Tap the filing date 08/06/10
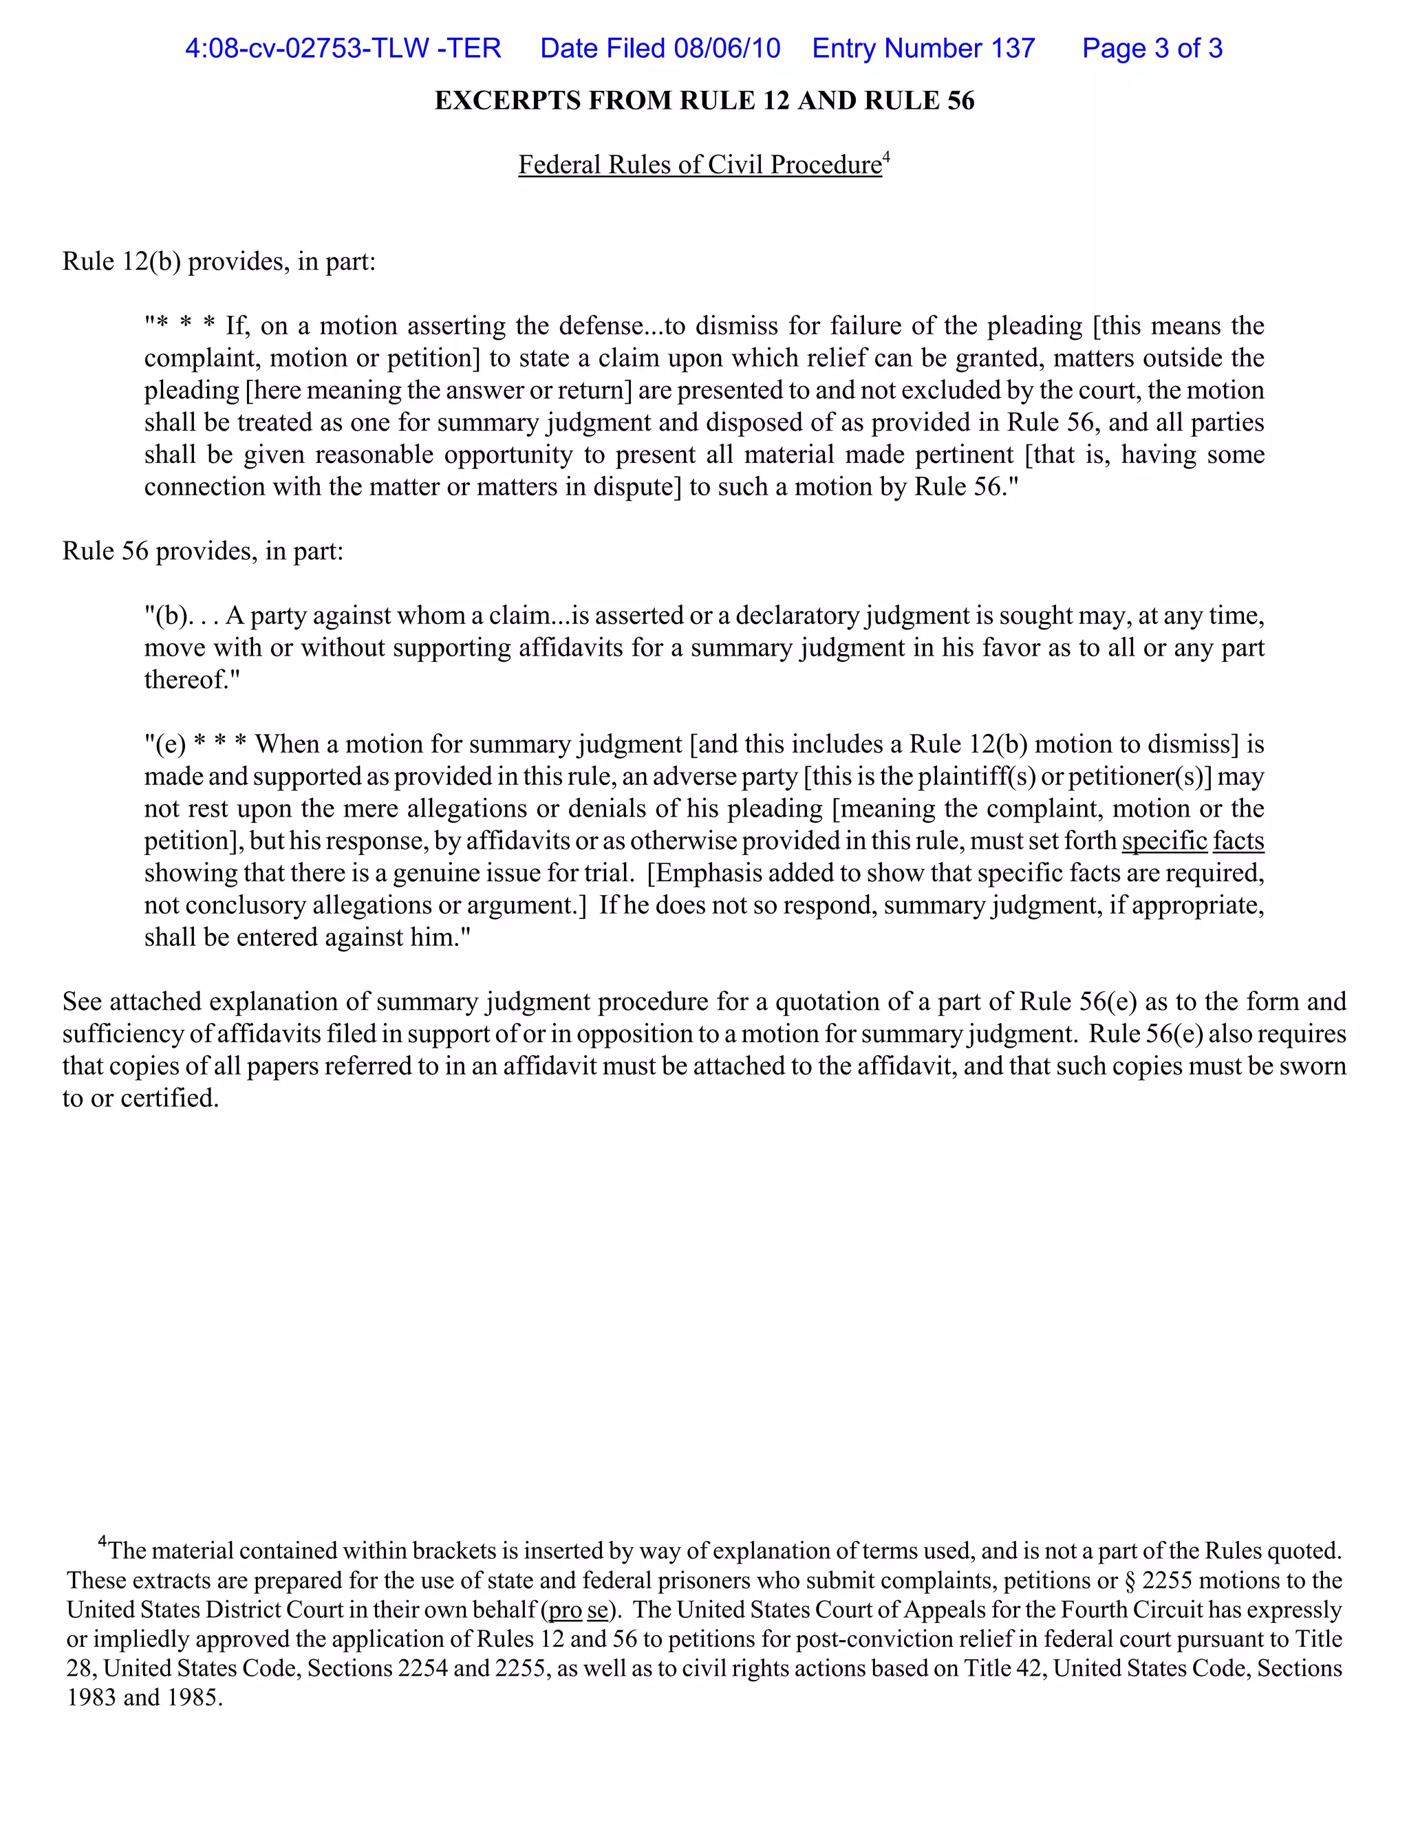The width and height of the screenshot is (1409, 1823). click(727, 48)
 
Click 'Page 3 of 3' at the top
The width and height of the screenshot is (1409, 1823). click(1152, 48)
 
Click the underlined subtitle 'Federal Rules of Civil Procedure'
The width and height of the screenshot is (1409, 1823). click(700, 164)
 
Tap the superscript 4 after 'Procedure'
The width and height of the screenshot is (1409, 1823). click(886, 156)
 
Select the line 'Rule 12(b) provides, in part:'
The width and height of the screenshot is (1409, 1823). click(219, 261)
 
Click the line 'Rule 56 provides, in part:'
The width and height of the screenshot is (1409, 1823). click(203, 551)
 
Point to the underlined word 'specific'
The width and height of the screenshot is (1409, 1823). click(1165, 841)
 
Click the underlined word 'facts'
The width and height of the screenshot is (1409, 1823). click(1238, 841)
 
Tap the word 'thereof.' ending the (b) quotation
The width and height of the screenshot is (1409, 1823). click(191, 680)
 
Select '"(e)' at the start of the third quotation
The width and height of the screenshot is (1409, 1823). click(164, 744)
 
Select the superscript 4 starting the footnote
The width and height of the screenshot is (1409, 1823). click(103, 1542)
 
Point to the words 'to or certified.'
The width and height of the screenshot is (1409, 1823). click(140, 1099)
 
